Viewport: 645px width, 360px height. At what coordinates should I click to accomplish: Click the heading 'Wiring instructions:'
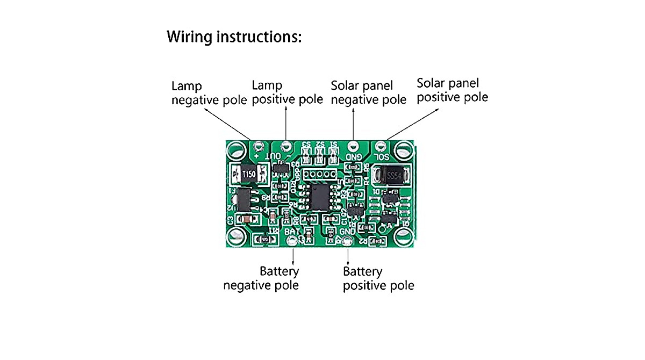[234, 37]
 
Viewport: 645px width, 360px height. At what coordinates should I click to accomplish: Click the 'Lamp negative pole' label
[209, 93]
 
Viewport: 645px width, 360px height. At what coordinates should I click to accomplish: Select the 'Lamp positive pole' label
[288, 92]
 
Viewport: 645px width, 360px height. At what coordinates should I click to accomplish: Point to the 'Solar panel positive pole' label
[453, 90]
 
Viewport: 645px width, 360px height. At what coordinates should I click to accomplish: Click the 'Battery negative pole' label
[261, 278]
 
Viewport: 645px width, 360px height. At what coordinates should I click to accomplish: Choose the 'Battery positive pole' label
[378, 278]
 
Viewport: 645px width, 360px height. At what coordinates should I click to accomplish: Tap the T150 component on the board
[248, 175]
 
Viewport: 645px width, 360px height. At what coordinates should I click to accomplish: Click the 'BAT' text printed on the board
[292, 231]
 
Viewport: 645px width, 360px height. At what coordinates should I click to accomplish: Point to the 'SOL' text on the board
[381, 156]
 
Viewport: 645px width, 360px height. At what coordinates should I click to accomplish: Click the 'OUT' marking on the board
[275, 156]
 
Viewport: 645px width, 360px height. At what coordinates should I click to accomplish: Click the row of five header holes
[319, 174]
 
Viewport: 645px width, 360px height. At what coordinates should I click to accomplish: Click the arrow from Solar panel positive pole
[412, 123]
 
